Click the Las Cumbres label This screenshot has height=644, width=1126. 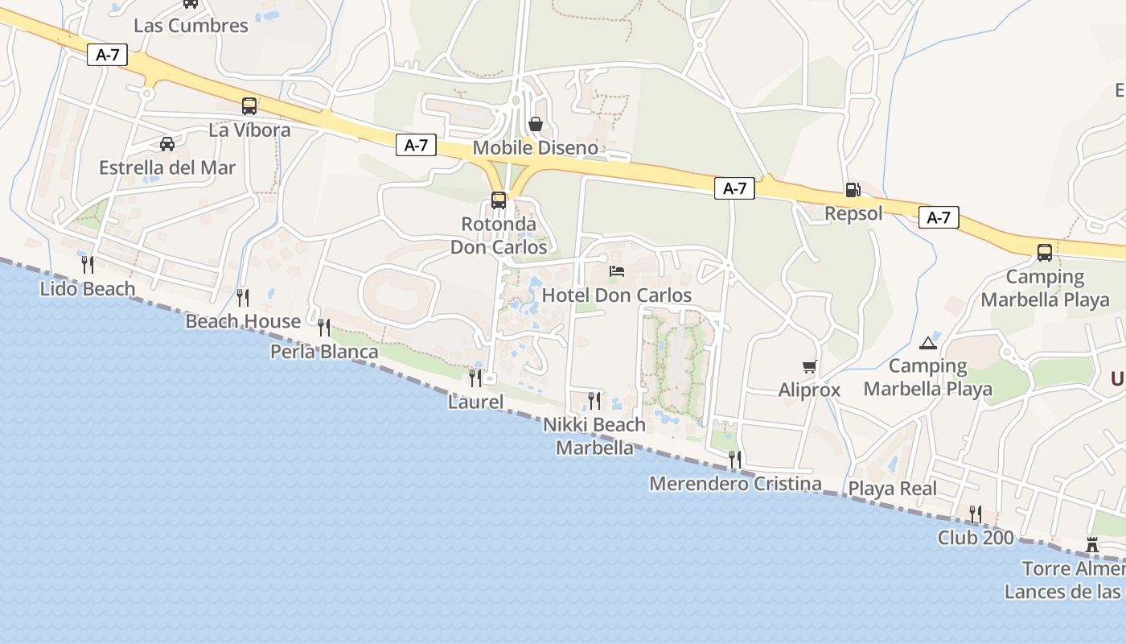pos(191,25)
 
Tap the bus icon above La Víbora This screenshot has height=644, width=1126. pos(249,105)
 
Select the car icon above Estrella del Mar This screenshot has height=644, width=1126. pos(167,144)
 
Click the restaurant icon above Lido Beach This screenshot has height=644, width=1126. pos(87,263)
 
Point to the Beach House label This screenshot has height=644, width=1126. pos(243,321)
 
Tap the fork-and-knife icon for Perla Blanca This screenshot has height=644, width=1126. pos(323,327)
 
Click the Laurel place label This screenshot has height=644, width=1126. pos(475,402)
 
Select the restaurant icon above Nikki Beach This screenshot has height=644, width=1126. pos(594,400)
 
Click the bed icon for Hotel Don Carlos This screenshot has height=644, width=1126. pos(617,271)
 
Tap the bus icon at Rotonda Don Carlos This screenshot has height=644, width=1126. pos(499,200)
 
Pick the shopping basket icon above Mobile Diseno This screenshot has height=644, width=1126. pos(536,124)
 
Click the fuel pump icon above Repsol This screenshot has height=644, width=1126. pos(853,190)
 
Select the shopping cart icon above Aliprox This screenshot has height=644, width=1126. pos(809,366)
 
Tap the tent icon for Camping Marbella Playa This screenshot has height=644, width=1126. pos(928,343)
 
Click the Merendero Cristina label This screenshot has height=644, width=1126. pos(735,484)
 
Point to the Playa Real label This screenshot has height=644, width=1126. pos(893,489)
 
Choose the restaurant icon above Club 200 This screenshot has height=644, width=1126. pos(975,514)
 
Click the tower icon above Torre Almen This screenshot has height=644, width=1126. pos(1092,545)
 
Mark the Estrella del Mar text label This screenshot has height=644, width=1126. pos(167,167)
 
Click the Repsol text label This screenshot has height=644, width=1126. pos(853,213)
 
